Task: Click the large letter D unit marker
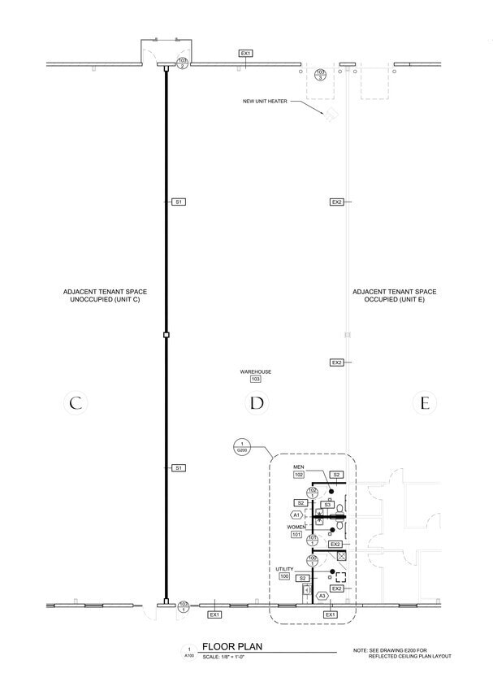click(x=257, y=402)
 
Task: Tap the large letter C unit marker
click(x=75, y=402)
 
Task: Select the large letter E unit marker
click(x=423, y=402)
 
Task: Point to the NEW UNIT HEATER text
click(x=266, y=102)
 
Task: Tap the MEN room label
click(x=298, y=467)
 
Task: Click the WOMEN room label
click(x=298, y=527)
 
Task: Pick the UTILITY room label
click(x=284, y=569)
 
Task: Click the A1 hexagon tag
click(x=297, y=514)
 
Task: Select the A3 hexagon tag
click(x=322, y=596)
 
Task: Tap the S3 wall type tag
click(x=327, y=505)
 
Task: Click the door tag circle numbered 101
click(x=312, y=539)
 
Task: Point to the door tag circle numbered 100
click(x=312, y=560)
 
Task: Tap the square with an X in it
click(x=342, y=557)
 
